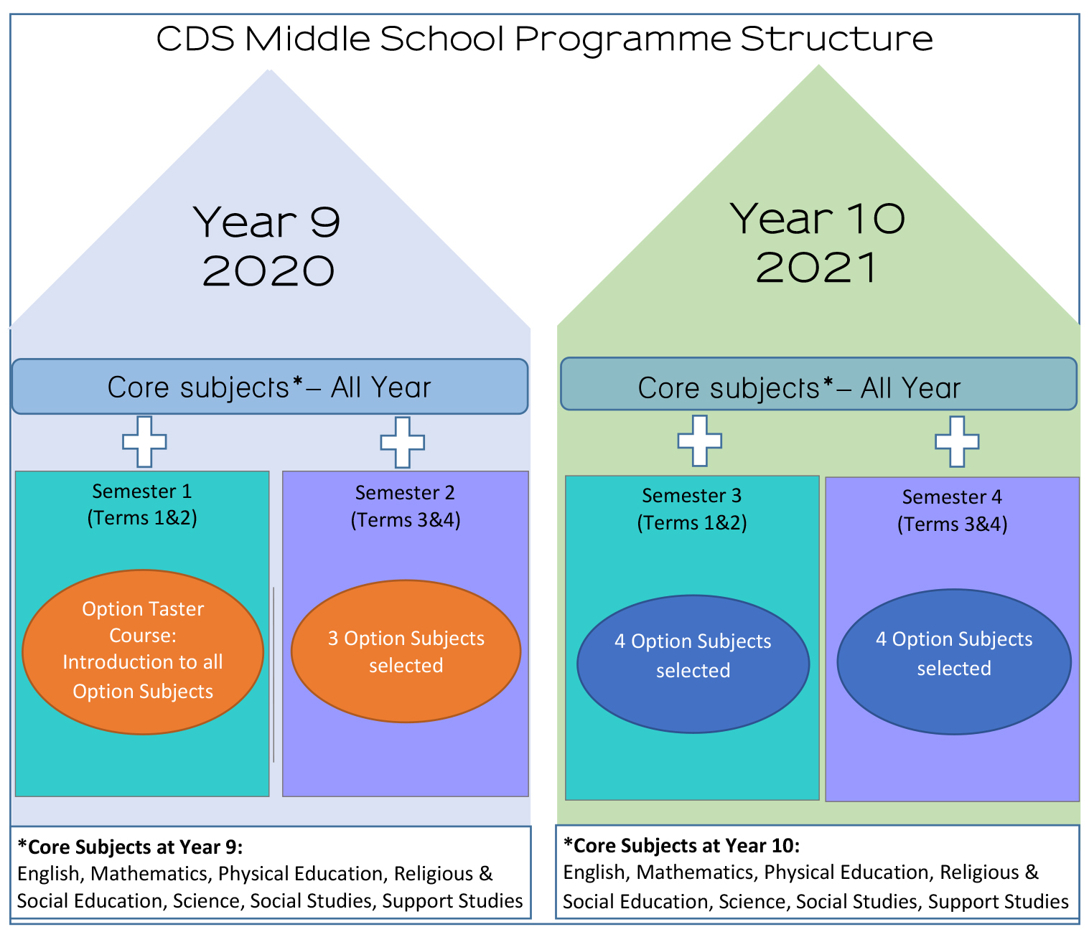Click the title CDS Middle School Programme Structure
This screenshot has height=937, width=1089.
(544, 39)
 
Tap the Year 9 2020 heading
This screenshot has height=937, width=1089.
(268, 246)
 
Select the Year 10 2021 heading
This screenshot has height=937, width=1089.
(817, 243)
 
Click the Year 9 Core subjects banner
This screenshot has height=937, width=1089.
(269, 387)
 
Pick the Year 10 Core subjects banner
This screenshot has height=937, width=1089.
(818, 384)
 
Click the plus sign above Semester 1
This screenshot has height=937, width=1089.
(144, 442)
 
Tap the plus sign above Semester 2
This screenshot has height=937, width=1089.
(403, 443)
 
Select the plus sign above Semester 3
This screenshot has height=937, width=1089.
(700, 441)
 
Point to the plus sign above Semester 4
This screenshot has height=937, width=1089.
(958, 442)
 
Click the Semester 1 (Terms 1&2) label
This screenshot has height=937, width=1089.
(142, 504)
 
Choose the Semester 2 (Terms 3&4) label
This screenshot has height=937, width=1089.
(405, 506)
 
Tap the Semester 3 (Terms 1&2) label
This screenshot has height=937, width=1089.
(692, 509)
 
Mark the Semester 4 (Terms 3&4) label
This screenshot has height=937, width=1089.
(952, 511)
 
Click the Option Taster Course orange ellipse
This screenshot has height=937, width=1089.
(143, 652)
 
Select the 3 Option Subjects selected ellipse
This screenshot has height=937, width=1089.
(406, 651)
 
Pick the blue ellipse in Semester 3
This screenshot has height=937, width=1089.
(693, 664)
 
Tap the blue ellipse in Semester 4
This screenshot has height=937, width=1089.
(954, 662)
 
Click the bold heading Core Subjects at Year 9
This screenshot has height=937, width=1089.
(130, 847)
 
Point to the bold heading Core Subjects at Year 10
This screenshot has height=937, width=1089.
(682, 846)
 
